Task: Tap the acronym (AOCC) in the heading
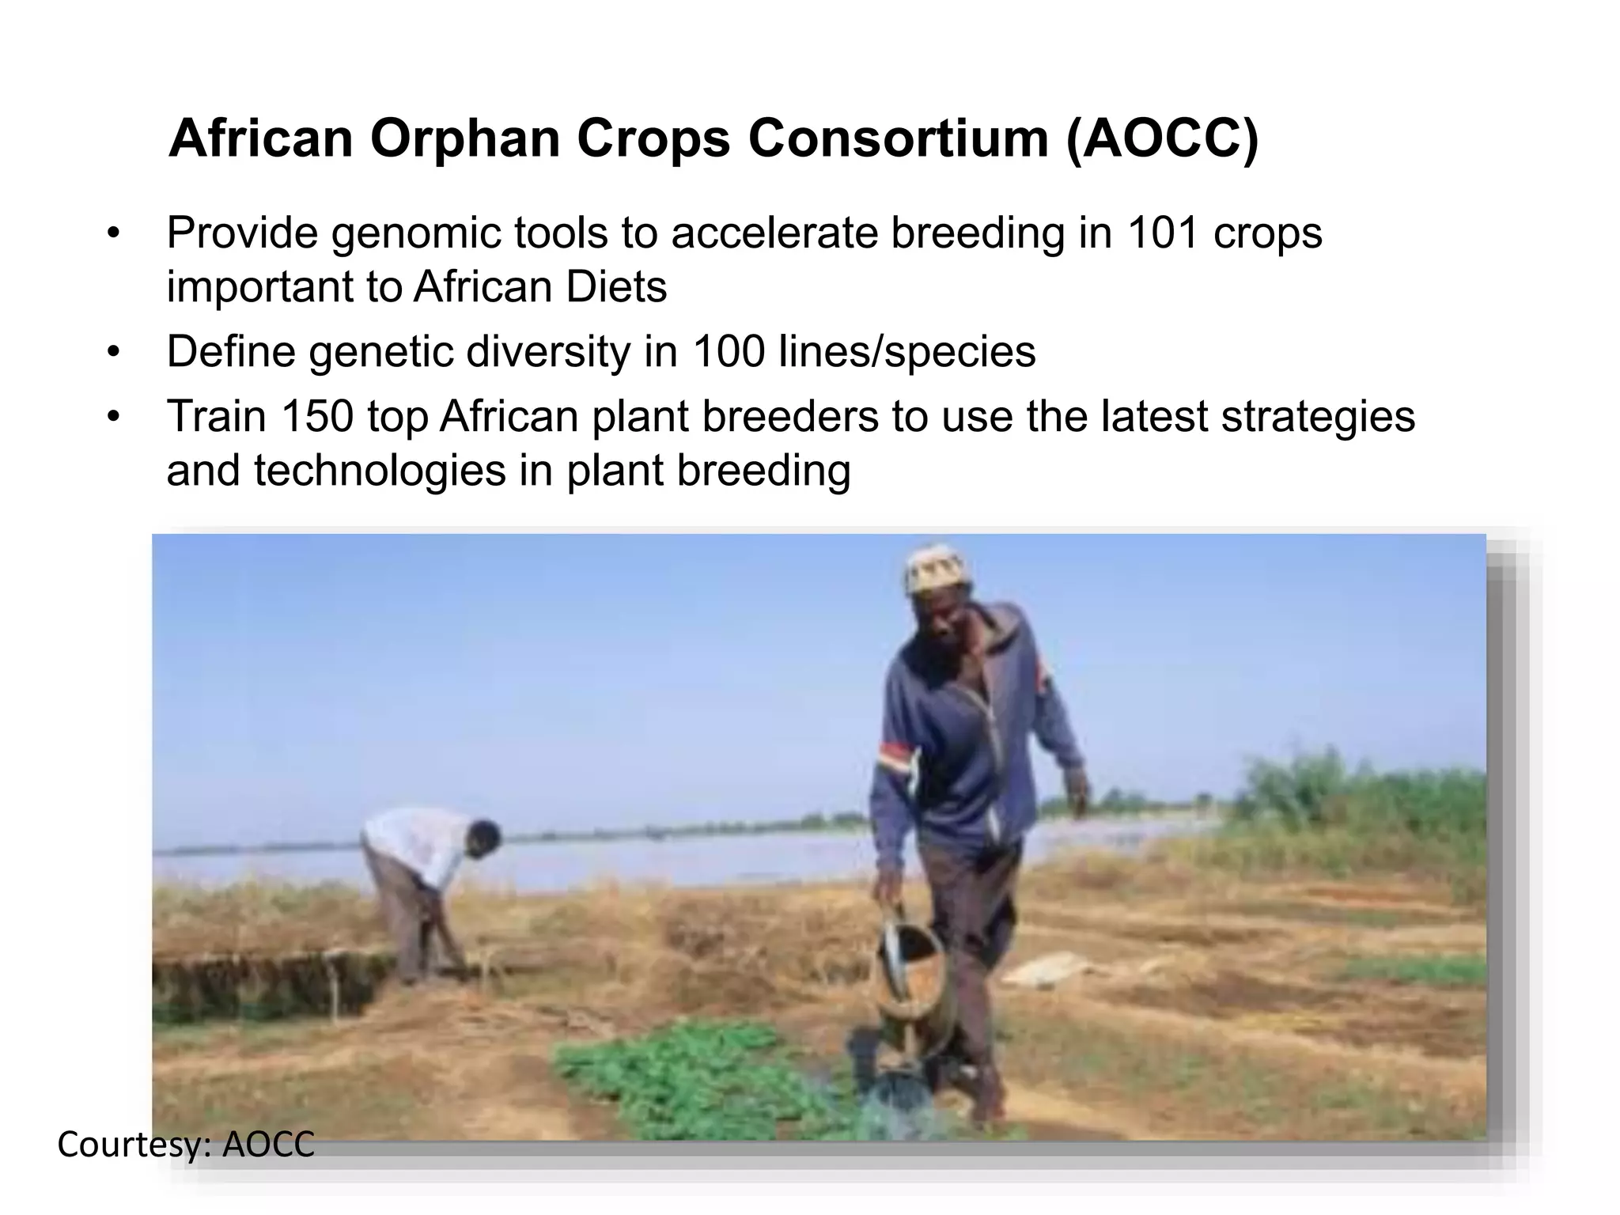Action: [x=1162, y=139]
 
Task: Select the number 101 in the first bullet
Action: [x=1162, y=233]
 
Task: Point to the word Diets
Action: [x=615, y=286]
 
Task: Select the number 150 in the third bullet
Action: [x=316, y=416]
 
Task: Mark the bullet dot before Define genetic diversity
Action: [x=113, y=351]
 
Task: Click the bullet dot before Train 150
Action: [x=113, y=416]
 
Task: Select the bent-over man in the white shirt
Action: [x=419, y=878]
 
